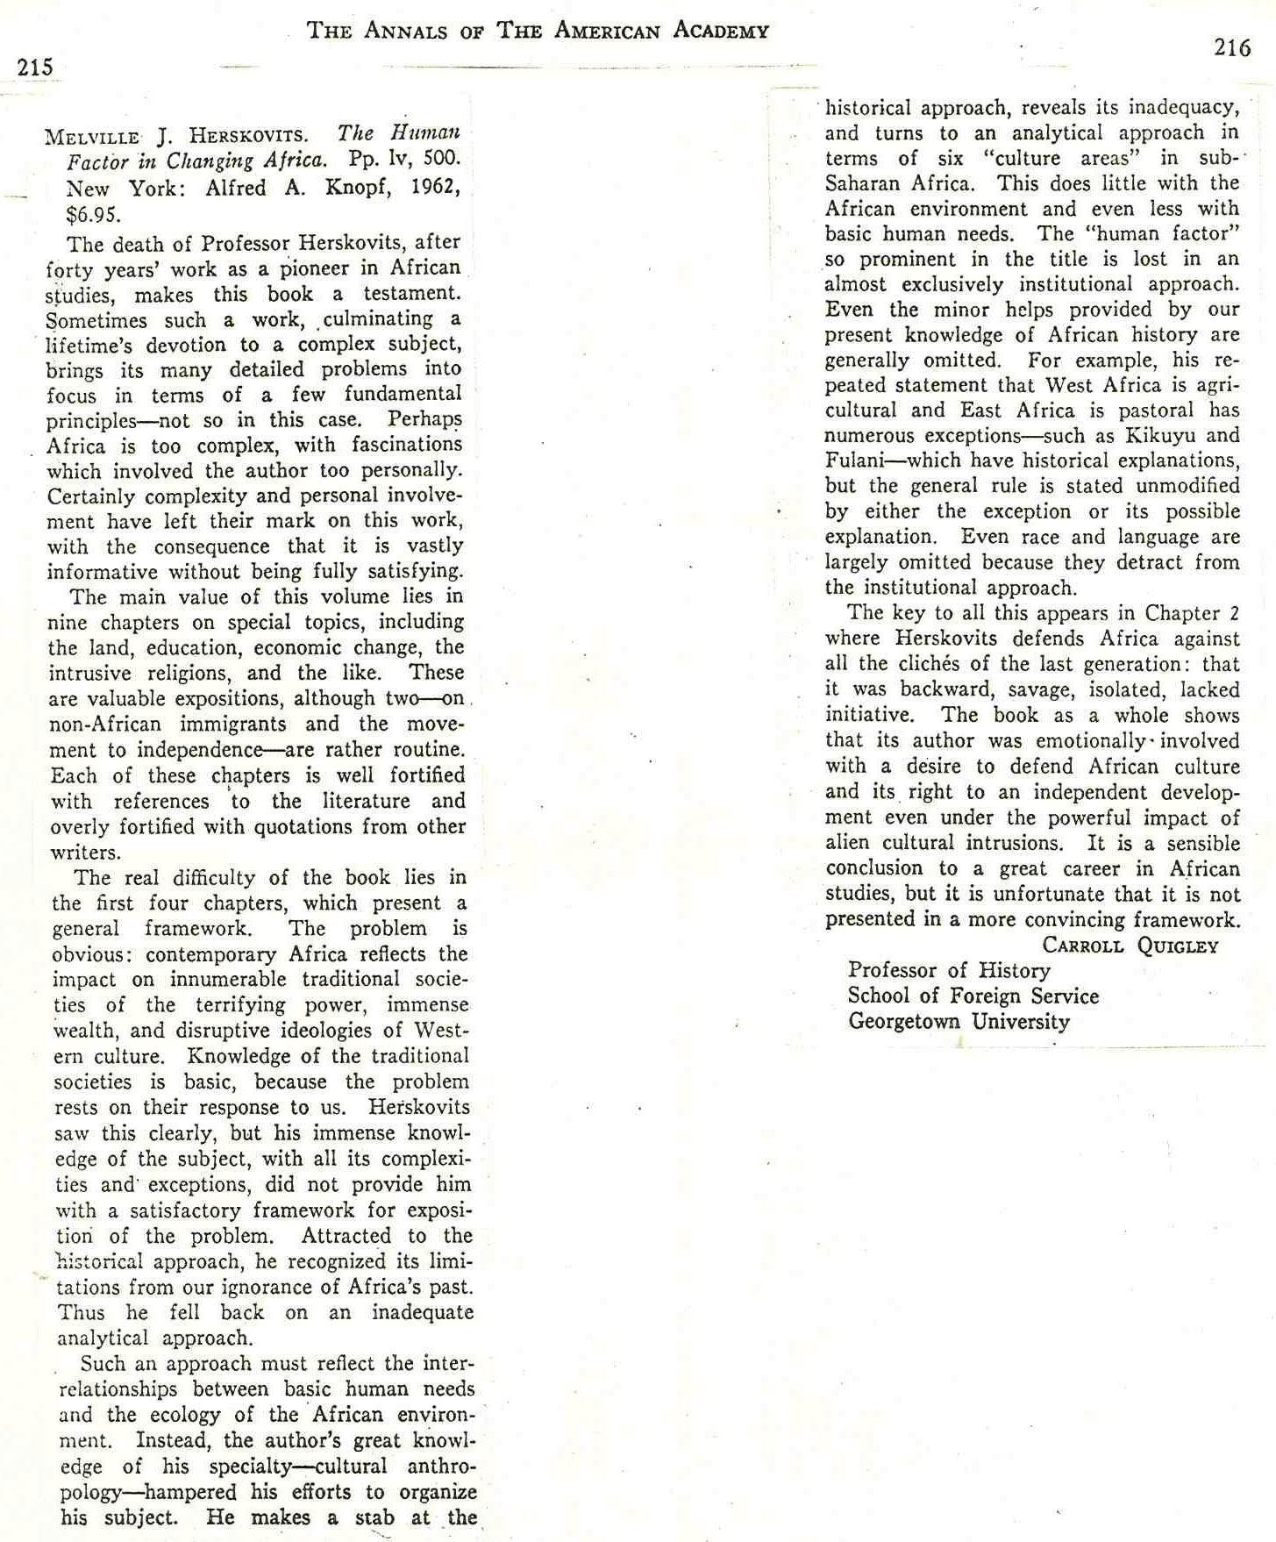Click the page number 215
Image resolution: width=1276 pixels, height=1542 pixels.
pyautogui.click(x=35, y=67)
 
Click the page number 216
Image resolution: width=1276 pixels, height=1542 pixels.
pyautogui.click(x=1231, y=47)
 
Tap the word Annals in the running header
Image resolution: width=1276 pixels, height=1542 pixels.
pyautogui.click(x=407, y=32)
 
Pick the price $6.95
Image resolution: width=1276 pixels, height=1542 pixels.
pyautogui.click(x=92, y=215)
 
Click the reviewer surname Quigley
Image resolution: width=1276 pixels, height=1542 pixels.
pyautogui.click(x=1178, y=946)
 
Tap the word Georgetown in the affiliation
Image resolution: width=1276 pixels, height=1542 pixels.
pyautogui.click(x=903, y=1022)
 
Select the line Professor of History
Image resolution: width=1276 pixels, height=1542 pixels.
pyautogui.click(x=949, y=970)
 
